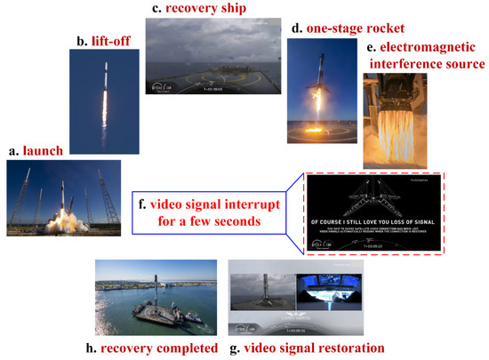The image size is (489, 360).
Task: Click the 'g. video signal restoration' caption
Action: [x=307, y=347]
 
